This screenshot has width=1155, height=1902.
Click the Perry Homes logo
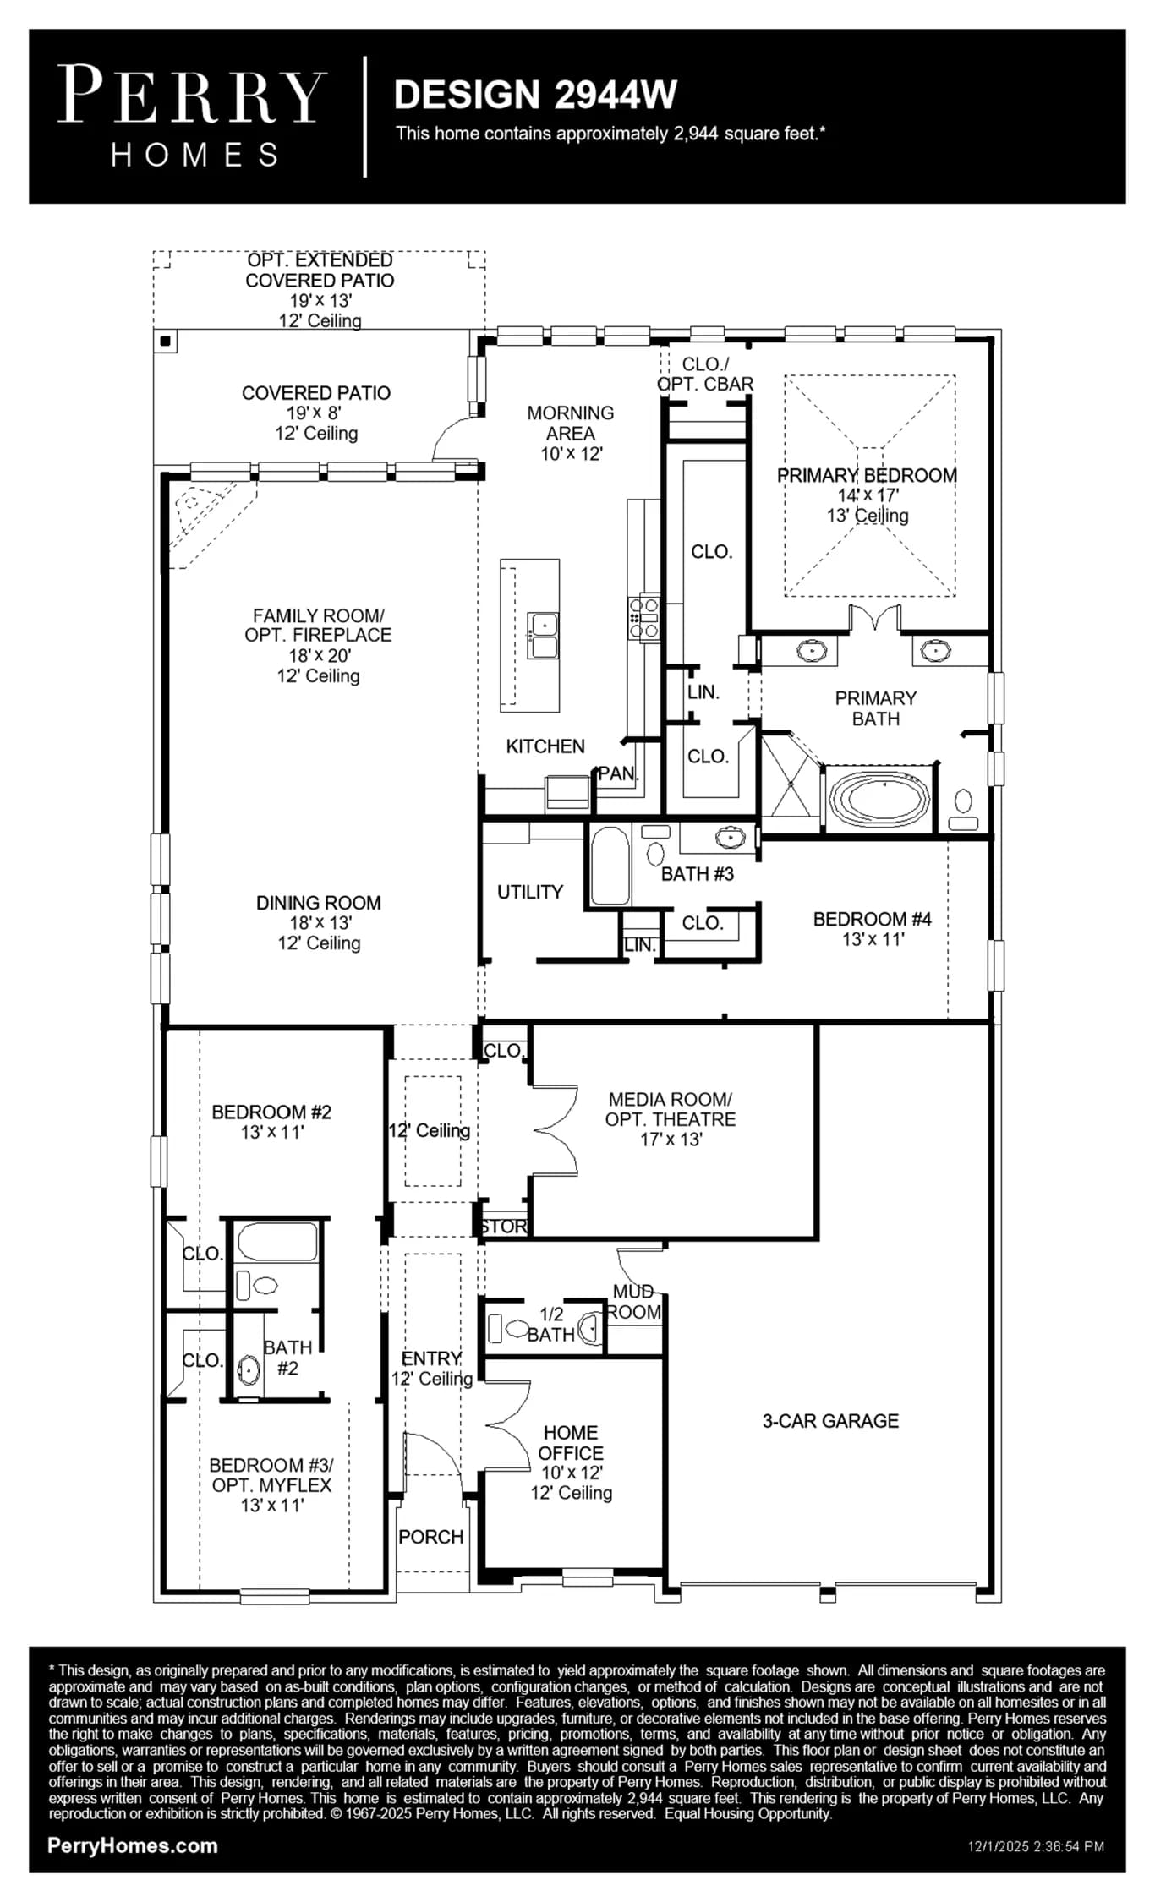[x=192, y=117]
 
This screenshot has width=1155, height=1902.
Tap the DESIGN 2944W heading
[x=535, y=95]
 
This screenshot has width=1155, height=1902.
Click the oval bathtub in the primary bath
[x=879, y=799]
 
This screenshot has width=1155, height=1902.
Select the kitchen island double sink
[x=543, y=635]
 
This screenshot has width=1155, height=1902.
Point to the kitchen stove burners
[x=644, y=618]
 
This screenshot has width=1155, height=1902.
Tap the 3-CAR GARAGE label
[x=830, y=1421]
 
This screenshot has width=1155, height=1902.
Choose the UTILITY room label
[x=530, y=892]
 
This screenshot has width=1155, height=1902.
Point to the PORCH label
[x=431, y=1537]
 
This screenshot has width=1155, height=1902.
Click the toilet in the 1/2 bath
[x=507, y=1329]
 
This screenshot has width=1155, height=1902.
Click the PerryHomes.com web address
[x=133, y=1845]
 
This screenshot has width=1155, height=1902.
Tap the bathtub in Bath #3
[x=610, y=866]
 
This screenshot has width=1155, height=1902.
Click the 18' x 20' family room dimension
[x=320, y=655]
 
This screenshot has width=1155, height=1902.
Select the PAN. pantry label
[x=618, y=773]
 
